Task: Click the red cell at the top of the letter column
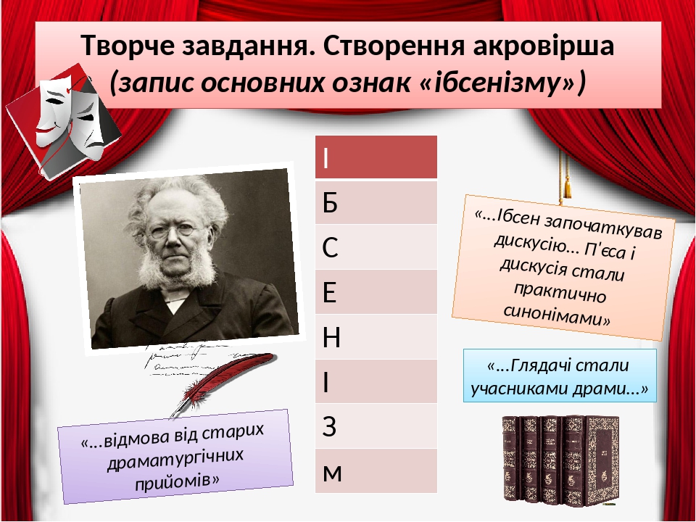(x=376, y=157)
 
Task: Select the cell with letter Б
(x=376, y=202)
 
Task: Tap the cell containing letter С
(x=376, y=247)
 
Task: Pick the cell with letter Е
(x=376, y=292)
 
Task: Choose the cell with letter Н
(x=376, y=337)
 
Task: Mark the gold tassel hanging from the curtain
(x=568, y=185)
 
